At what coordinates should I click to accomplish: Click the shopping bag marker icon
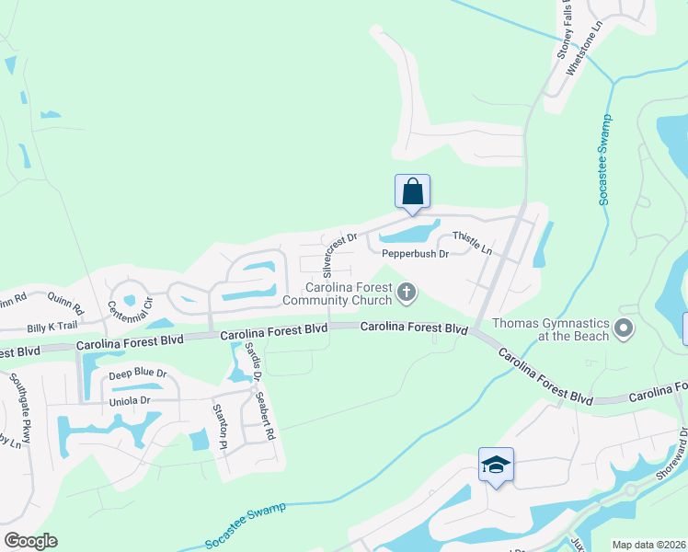[413, 192]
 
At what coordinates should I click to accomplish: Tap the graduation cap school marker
[496, 466]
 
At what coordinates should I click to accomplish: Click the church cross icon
[407, 293]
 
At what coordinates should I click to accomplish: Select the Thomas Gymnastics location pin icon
[625, 328]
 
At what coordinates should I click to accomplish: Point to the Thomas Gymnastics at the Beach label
[551, 329]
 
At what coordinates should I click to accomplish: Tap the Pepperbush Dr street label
[414, 253]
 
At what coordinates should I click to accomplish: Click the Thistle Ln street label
[472, 244]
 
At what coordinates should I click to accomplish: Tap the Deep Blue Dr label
[137, 374]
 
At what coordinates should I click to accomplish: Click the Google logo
[30, 541]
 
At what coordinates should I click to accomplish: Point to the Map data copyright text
[649, 545]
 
